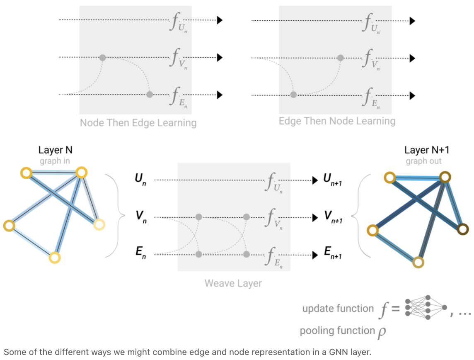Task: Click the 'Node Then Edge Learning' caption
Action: pyautogui.click(x=138, y=123)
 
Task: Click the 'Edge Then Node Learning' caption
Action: pyautogui.click(x=337, y=121)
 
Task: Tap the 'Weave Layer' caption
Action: pyautogui.click(x=233, y=284)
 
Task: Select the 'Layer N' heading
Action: pyautogui.click(x=55, y=150)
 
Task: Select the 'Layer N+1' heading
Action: pyautogui.click(x=423, y=150)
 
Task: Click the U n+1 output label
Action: pyautogui.click(x=333, y=180)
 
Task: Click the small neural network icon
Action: pyautogui.click(x=425, y=308)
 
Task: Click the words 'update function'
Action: pyautogui.click(x=338, y=309)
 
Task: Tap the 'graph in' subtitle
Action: pyautogui.click(x=55, y=161)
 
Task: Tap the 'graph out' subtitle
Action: pyautogui.click(x=423, y=161)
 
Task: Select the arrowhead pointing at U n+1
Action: pyautogui.click(x=314, y=180)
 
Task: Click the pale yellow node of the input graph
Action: pyautogui.click(x=99, y=224)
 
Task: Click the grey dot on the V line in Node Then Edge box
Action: pyautogui.click(x=103, y=57)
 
